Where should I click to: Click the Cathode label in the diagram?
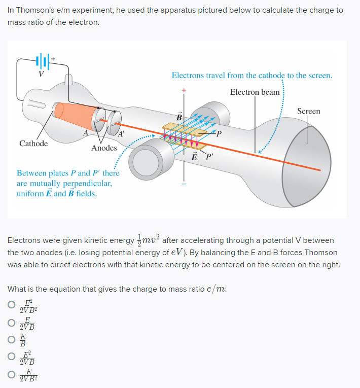(33, 144)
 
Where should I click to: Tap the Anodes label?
(104, 148)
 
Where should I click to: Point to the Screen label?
(308, 111)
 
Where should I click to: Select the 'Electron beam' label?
(255, 92)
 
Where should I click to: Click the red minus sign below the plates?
(185, 184)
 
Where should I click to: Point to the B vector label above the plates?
(179, 118)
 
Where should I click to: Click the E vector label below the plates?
(194, 156)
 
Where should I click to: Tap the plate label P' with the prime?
(209, 156)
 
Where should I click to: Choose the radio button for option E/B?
(11, 340)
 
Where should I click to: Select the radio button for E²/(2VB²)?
(11, 305)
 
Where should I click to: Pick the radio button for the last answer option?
(11, 376)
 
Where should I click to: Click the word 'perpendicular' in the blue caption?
(82, 183)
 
